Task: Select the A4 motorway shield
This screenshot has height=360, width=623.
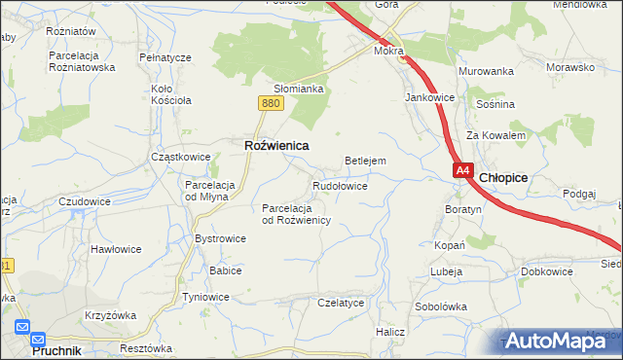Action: coord(462,170)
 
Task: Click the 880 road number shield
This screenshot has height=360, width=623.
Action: coord(271,102)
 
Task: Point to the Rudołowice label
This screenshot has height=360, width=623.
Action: coord(340,185)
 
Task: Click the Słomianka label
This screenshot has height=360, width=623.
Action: coord(298,88)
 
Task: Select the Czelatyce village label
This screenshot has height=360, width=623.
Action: coord(341,303)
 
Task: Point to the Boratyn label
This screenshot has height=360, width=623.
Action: coord(463,209)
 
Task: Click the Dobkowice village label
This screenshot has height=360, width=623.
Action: coord(546,271)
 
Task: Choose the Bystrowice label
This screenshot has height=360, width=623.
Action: coord(220,237)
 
